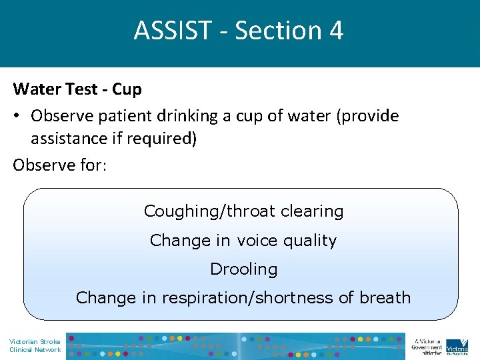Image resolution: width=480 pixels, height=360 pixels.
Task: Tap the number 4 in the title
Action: click(336, 31)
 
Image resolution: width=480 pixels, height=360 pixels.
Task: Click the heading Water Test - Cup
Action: click(77, 89)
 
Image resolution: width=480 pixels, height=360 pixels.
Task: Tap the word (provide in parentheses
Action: click(369, 116)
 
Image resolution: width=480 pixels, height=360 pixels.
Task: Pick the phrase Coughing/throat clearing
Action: click(243, 211)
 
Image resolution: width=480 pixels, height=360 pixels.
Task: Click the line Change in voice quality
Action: click(243, 240)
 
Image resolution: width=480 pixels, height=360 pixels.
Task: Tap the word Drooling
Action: click(243, 269)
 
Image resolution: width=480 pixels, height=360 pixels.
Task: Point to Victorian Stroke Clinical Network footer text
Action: click(35, 345)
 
